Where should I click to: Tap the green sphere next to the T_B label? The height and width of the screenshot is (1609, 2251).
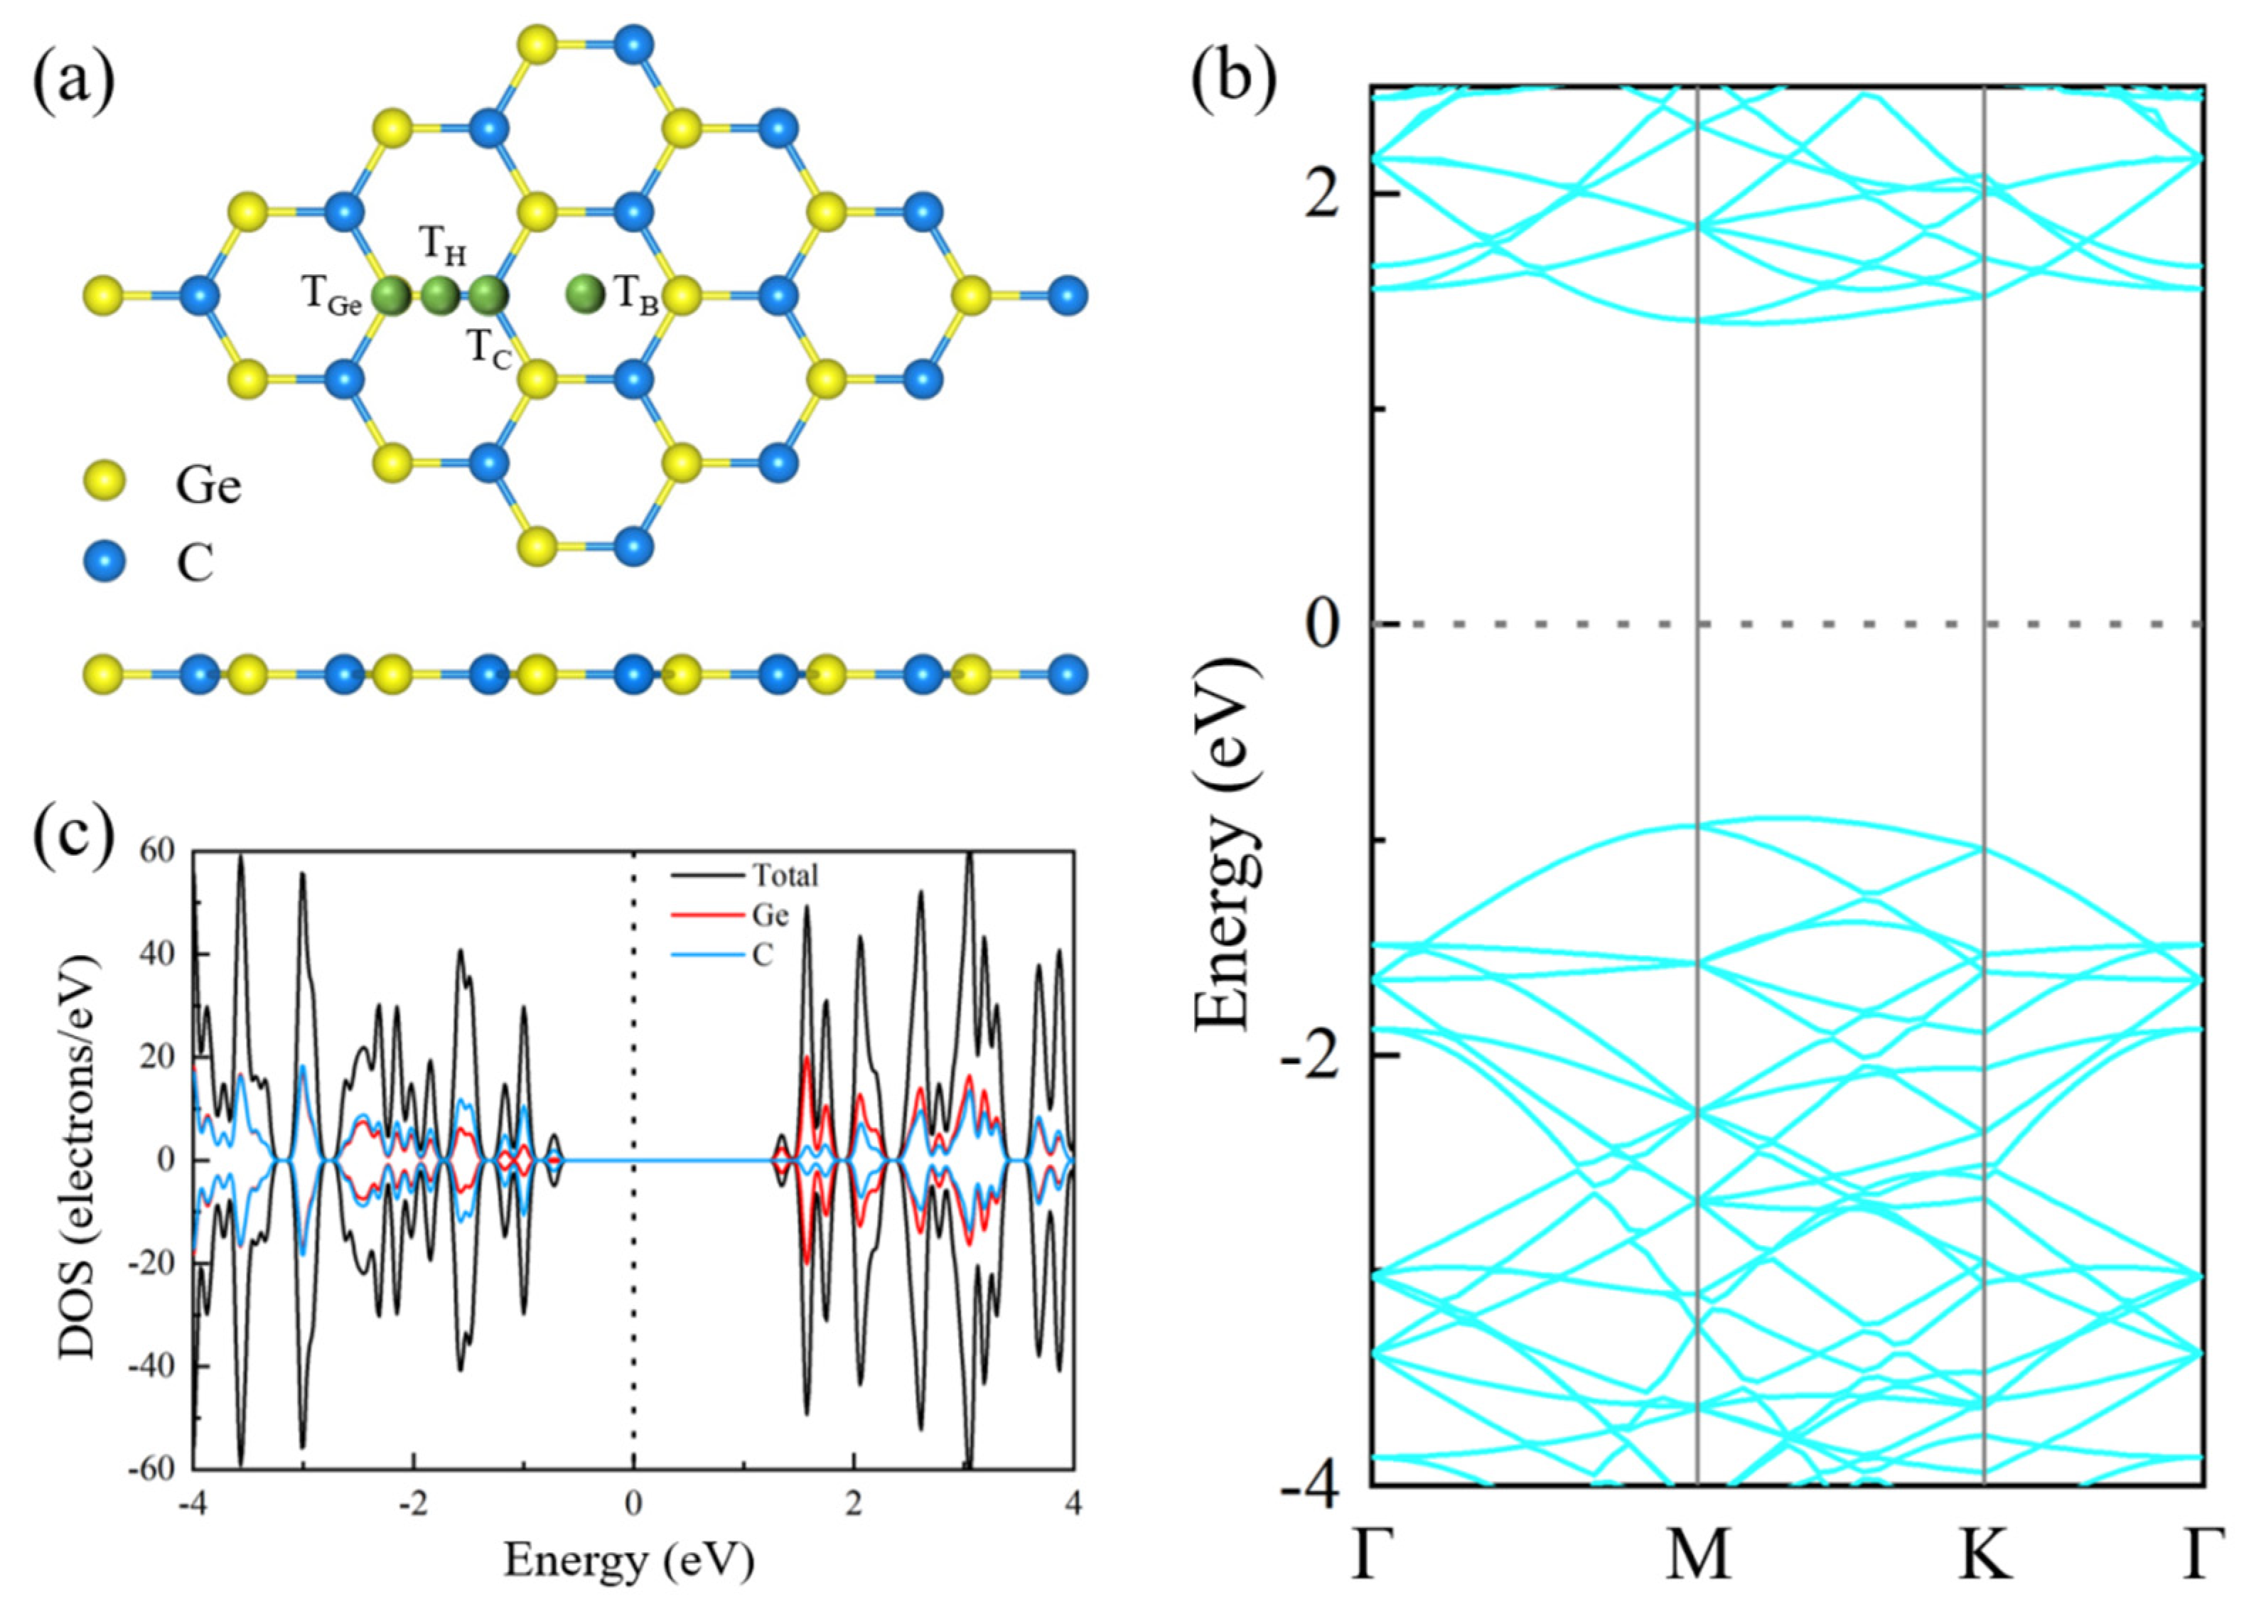(586, 294)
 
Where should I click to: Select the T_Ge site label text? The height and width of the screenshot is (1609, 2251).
(331, 295)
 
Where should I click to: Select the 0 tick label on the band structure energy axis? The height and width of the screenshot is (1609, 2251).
(1323, 623)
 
